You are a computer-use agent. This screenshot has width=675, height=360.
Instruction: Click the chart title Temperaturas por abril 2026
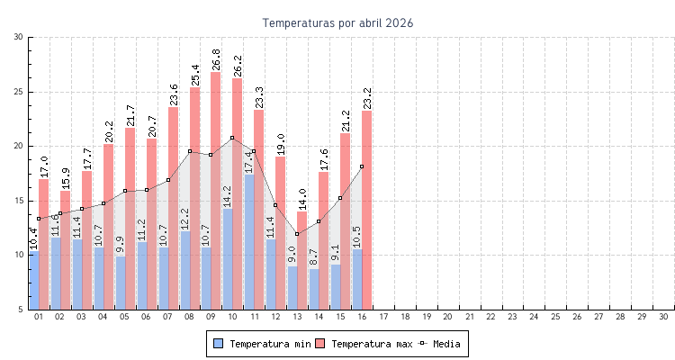(337, 22)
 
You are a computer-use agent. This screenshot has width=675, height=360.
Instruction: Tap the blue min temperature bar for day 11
(249, 243)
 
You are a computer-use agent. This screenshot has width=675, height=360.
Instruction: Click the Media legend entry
(446, 344)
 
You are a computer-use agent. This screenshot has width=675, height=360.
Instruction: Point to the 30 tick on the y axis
(19, 37)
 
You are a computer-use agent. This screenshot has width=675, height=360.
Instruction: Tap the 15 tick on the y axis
(19, 201)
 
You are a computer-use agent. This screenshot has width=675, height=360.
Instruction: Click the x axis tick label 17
(383, 317)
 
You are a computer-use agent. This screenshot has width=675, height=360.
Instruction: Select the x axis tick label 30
(663, 317)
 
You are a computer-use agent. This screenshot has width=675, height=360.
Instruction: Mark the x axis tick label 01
(39, 317)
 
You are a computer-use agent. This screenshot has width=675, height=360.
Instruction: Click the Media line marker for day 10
(232, 138)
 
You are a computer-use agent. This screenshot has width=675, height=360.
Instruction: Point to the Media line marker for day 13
(297, 234)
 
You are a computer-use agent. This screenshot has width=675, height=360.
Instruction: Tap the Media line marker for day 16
(362, 166)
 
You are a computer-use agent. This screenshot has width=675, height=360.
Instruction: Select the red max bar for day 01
(44, 243)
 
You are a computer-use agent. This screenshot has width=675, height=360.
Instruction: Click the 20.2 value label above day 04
(109, 131)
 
